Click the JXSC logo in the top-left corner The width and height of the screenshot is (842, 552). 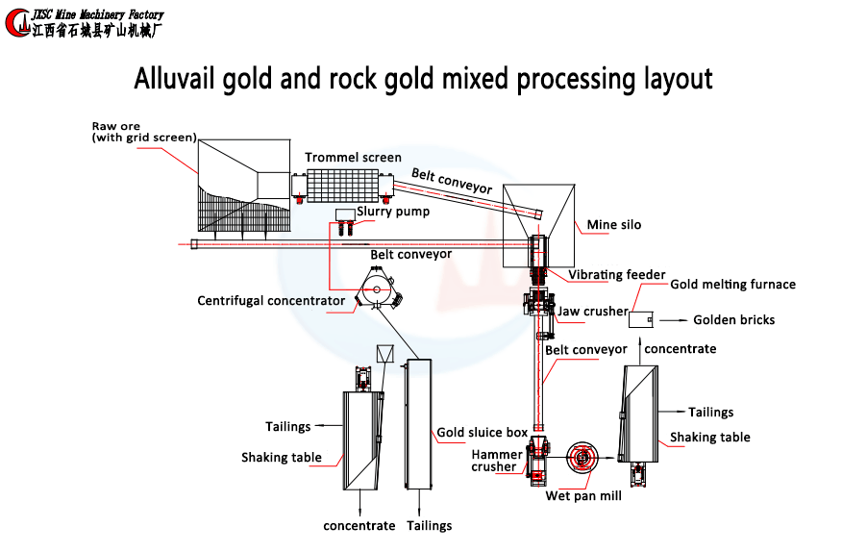coord(17,22)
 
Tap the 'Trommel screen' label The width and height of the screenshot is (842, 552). coord(353,158)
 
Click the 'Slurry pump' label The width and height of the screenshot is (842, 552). coord(393,212)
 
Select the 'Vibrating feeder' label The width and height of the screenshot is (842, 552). coord(616,275)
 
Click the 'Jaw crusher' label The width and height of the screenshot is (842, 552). coord(592,312)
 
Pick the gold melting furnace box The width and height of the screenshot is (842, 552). coord(641,319)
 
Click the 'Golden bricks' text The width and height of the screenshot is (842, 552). coord(733,320)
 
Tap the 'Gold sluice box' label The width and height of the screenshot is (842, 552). coord(482,433)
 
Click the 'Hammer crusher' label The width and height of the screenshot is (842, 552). coord(497,461)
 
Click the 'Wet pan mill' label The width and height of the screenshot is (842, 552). coord(583,496)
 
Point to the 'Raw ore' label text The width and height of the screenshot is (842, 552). coord(116,126)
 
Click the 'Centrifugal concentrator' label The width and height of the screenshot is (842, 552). coord(271,301)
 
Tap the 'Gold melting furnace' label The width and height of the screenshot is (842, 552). coord(732,285)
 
